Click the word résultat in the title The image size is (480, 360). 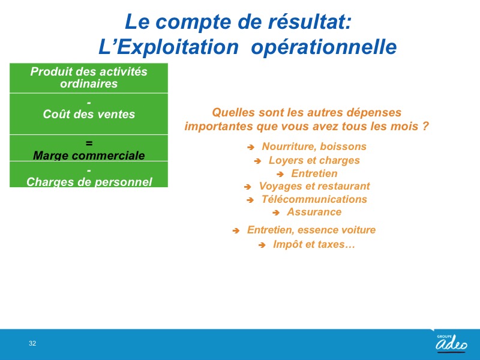(x=309, y=22)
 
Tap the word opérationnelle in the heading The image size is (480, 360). (x=324, y=47)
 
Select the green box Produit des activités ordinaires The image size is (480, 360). (x=89, y=78)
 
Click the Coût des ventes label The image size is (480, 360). (x=89, y=114)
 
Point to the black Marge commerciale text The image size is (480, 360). (x=89, y=155)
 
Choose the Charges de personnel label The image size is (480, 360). (x=89, y=182)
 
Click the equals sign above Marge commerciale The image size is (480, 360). (x=89, y=143)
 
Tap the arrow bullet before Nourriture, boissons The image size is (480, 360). (x=251, y=148)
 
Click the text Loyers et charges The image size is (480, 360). (x=314, y=160)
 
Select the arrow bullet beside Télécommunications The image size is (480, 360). (x=250, y=200)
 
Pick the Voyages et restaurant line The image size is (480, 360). (x=314, y=186)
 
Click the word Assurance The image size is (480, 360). (x=314, y=212)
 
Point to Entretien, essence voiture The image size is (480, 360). (x=311, y=230)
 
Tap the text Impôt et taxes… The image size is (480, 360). (x=314, y=244)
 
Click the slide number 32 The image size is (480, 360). (x=32, y=343)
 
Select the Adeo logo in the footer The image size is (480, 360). (x=452, y=343)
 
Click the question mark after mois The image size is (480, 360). (x=425, y=126)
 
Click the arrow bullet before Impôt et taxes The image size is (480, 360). (x=262, y=245)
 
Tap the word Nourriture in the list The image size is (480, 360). (x=287, y=146)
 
